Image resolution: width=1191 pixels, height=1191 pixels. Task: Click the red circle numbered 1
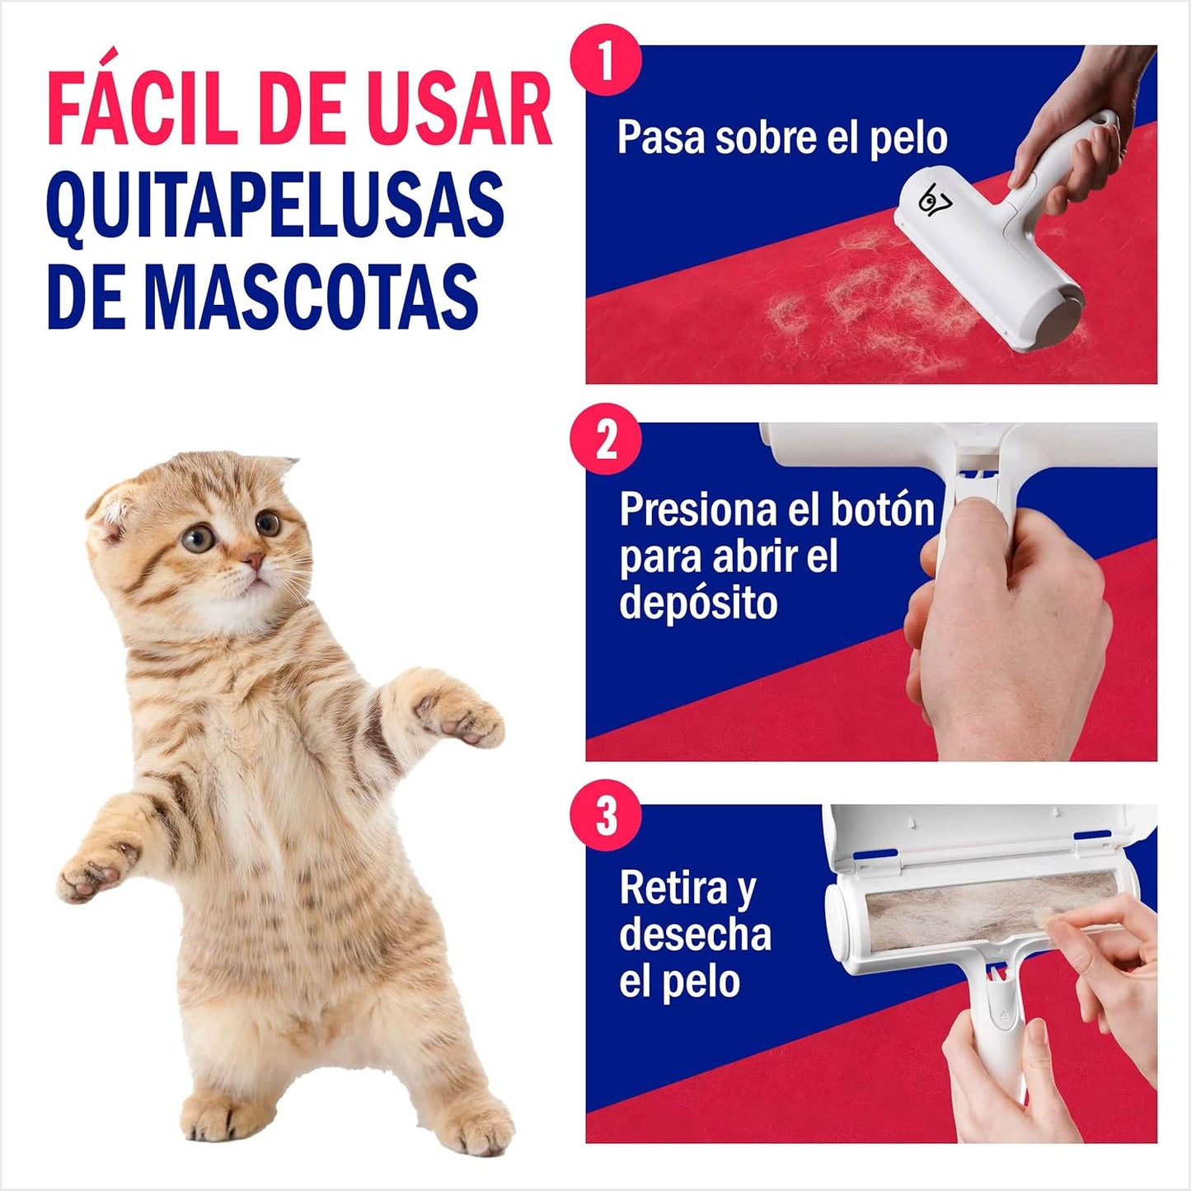coord(607,60)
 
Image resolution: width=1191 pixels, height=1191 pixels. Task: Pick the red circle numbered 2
coord(607,439)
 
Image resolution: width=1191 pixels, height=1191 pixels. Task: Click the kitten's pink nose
coord(252,560)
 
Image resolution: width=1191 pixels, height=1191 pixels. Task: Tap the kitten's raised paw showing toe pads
coord(458,710)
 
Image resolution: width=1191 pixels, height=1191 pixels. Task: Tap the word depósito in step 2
coord(698,603)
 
